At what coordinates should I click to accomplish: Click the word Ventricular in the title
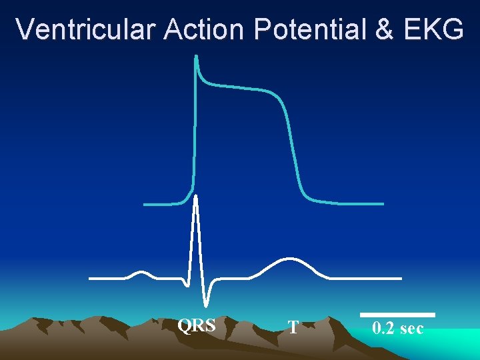[85, 29]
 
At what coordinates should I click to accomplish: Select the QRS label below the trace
[196, 325]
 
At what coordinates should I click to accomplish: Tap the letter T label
[293, 327]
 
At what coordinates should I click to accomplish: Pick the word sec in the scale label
[411, 328]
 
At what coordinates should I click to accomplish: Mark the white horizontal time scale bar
[397, 315]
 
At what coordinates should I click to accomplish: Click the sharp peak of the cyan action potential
[196, 57]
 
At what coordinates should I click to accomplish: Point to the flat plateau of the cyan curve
[240, 87]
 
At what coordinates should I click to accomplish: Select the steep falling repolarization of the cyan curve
[294, 153]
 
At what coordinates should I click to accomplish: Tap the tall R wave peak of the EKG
[195, 197]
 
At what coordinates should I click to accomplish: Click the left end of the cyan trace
[145, 204]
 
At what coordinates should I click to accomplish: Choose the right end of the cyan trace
[382, 203]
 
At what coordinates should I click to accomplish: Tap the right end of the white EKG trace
[400, 277]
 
